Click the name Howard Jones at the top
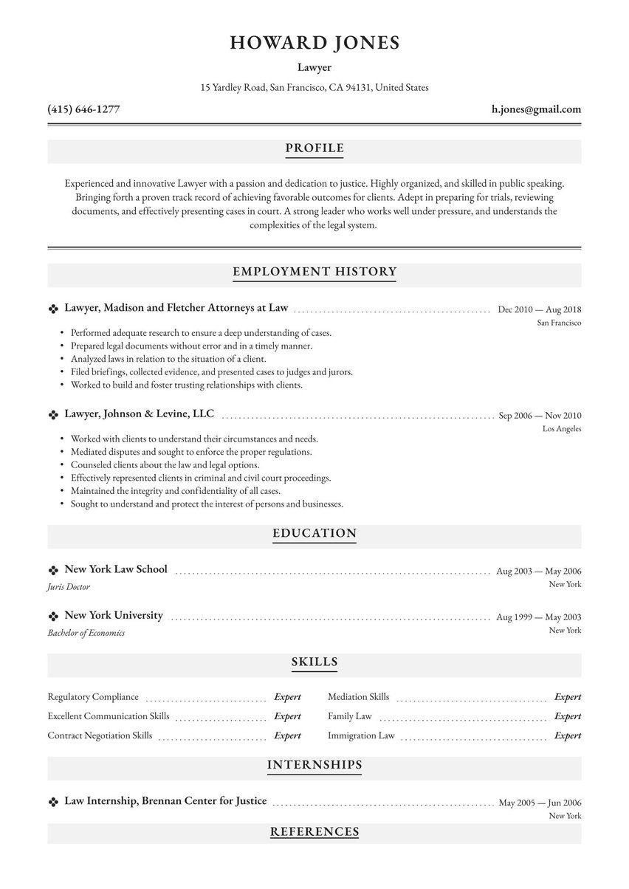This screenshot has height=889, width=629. click(x=314, y=43)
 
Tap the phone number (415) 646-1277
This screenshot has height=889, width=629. click(x=83, y=109)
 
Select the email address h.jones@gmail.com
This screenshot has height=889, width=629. click(x=536, y=109)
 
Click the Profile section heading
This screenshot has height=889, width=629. click(x=314, y=148)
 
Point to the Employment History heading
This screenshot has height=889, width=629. click(x=314, y=272)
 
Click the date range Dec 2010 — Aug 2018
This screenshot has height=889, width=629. click(x=539, y=310)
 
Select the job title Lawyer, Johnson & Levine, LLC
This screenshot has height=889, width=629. click(x=140, y=414)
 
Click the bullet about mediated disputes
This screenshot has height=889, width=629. click(x=190, y=451)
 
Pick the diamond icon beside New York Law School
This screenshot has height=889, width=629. click(x=52, y=570)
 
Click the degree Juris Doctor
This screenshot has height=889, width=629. click(x=69, y=587)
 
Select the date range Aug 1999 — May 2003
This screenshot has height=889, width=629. click(x=538, y=617)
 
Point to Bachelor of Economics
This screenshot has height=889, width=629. click(x=86, y=633)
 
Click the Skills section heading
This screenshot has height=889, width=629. click(x=314, y=662)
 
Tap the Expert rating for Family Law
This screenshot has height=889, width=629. click(x=568, y=716)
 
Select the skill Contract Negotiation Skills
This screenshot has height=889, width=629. click(x=100, y=735)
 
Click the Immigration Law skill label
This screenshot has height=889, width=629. click(x=361, y=735)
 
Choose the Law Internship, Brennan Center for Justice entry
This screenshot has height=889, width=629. click(x=165, y=801)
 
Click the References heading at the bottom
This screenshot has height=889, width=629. click(x=314, y=832)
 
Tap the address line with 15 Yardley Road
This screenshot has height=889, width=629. click(x=314, y=87)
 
